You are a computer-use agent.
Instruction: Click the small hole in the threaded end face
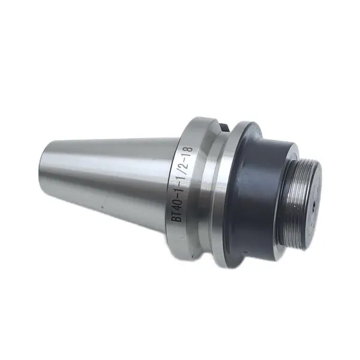(314, 203)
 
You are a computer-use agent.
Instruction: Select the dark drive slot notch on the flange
(224, 127)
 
